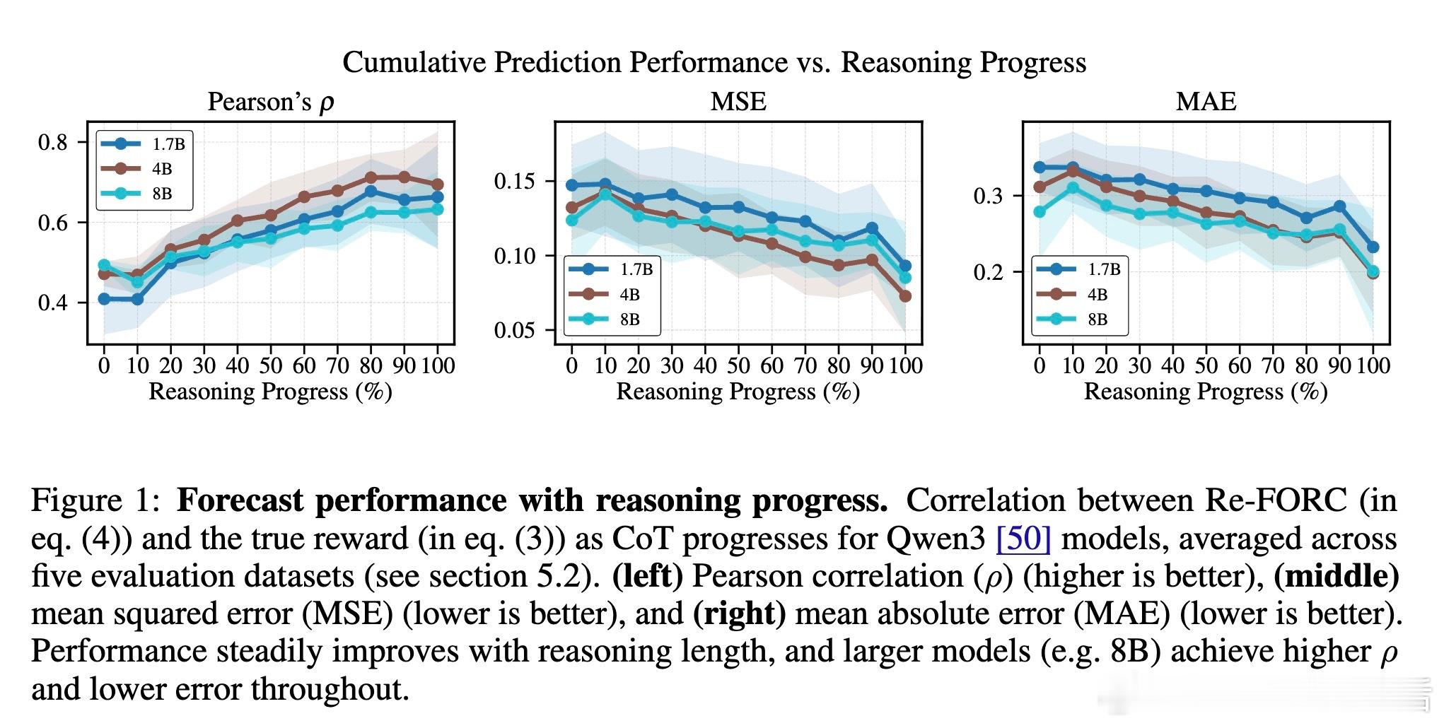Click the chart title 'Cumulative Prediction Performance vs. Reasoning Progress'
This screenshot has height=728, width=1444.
(x=714, y=62)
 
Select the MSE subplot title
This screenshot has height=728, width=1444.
(x=738, y=101)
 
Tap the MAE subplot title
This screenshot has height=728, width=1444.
(x=1206, y=101)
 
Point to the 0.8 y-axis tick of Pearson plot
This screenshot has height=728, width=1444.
(x=53, y=143)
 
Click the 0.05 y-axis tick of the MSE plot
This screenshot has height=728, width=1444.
(x=515, y=330)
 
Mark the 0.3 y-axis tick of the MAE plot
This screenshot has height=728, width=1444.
(x=989, y=196)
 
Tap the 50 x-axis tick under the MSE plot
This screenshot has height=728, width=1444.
(x=738, y=365)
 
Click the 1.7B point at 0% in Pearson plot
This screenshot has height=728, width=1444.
(x=104, y=299)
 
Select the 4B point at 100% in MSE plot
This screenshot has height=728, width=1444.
(x=905, y=296)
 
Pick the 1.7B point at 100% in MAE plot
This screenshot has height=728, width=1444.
(x=1373, y=247)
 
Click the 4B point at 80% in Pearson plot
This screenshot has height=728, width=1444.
(x=371, y=177)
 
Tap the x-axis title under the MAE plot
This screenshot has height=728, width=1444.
(x=1206, y=392)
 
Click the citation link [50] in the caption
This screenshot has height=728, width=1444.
(x=1023, y=539)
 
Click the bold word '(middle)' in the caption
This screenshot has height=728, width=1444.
(x=1336, y=576)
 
